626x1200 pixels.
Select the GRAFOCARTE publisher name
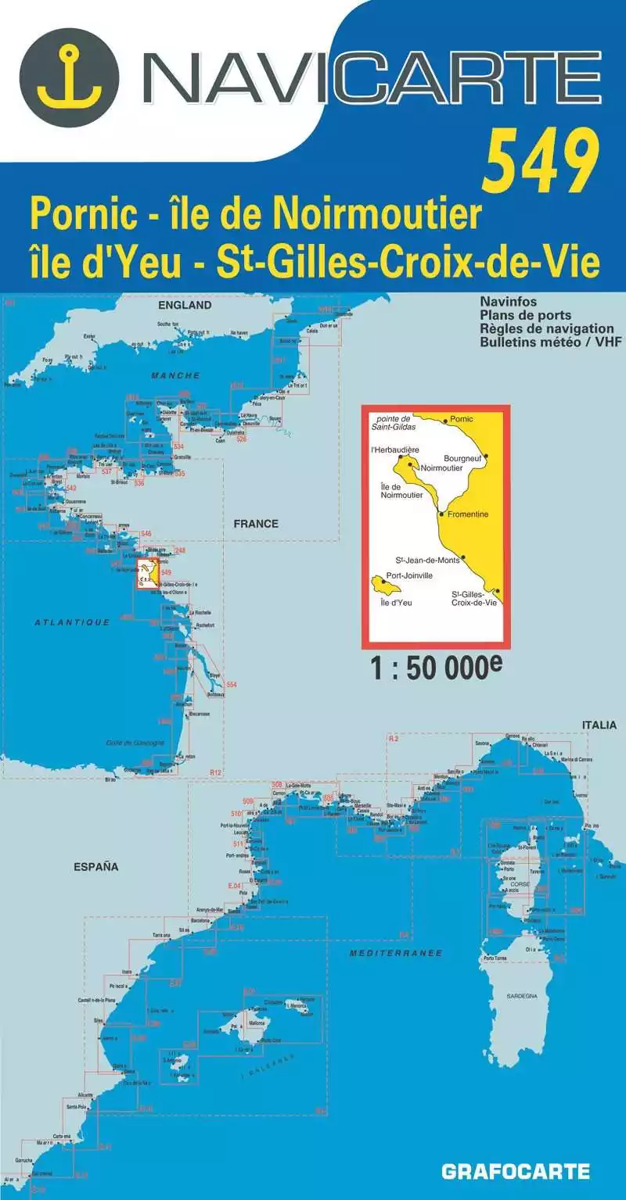tap(516, 1171)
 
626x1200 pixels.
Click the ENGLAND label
tap(185, 305)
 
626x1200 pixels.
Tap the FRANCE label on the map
tap(256, 523)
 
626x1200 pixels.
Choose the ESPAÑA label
tap(95, 866)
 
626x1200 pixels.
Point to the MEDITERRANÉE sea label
tap(397, 953)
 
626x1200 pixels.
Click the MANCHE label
tap(176, 376)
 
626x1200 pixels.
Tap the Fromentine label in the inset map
tap(469, 514)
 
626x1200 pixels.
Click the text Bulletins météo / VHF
tap(547, 342)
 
